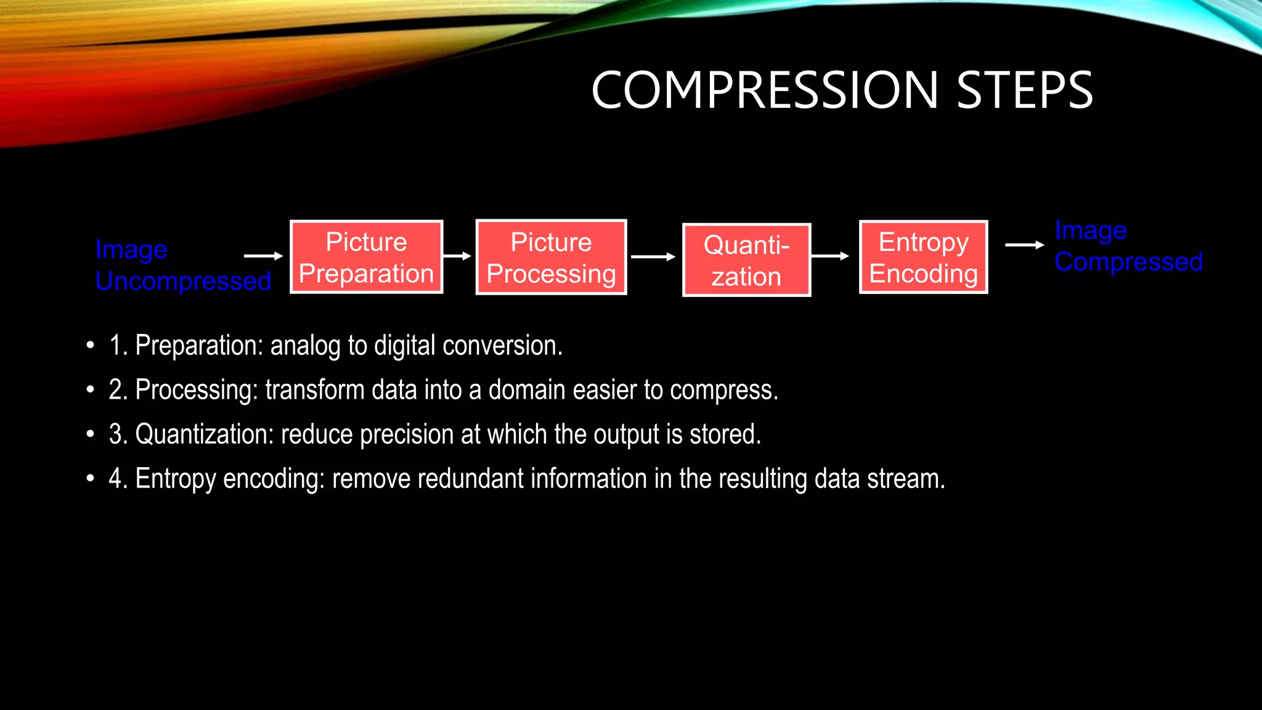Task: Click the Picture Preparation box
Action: [366, 257]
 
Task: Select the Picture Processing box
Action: [551, 257]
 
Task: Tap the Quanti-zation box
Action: [746, 260]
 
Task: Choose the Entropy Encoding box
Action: [923, 257]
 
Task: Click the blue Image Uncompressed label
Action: [182, 265]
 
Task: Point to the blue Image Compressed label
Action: [1128, 246]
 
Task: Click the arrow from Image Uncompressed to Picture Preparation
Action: [263, 256]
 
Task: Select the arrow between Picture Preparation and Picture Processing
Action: [457, 256]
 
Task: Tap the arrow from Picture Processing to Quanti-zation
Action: [653, 256]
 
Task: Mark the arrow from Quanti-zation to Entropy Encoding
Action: [830, 256]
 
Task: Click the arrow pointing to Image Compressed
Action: [1024, 245]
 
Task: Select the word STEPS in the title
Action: [1024, 91]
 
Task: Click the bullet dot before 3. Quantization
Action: [91, 435]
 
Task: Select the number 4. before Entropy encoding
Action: [118, 479]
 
